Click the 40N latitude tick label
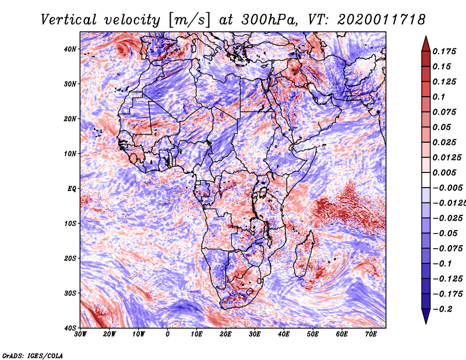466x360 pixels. coord(70,49)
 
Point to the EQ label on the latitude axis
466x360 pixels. coord(72,189)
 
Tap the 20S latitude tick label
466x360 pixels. coord(70,258)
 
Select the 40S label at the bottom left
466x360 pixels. coord(70,328)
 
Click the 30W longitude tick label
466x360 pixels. coord(80,334)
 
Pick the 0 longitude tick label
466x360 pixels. coord(168,334)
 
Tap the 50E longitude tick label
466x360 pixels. coord(313,334)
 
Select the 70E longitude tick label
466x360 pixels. coord(371,334)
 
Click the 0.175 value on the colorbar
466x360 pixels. coord(444,51)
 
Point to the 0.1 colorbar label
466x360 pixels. coord(439,97)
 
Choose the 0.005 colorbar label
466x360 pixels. coord(444,172)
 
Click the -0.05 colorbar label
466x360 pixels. coord(445,234)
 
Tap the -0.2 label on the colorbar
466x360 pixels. coord(443,309)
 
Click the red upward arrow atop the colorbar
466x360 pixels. coord(426,44)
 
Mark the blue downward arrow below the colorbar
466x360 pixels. coord(426,316)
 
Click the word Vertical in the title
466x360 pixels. coord(69,20)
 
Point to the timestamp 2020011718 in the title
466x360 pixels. coord(381,20)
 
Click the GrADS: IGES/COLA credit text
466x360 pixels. coord(33,356)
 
